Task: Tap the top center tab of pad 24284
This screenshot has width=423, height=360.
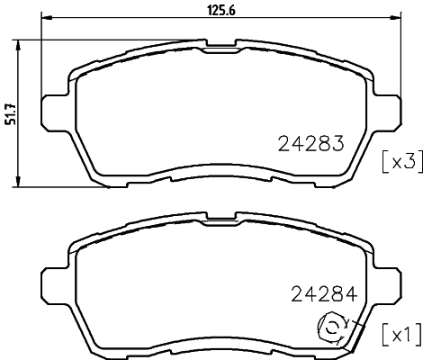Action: (219, 217)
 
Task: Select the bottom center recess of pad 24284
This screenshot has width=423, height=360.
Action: (219, 351)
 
